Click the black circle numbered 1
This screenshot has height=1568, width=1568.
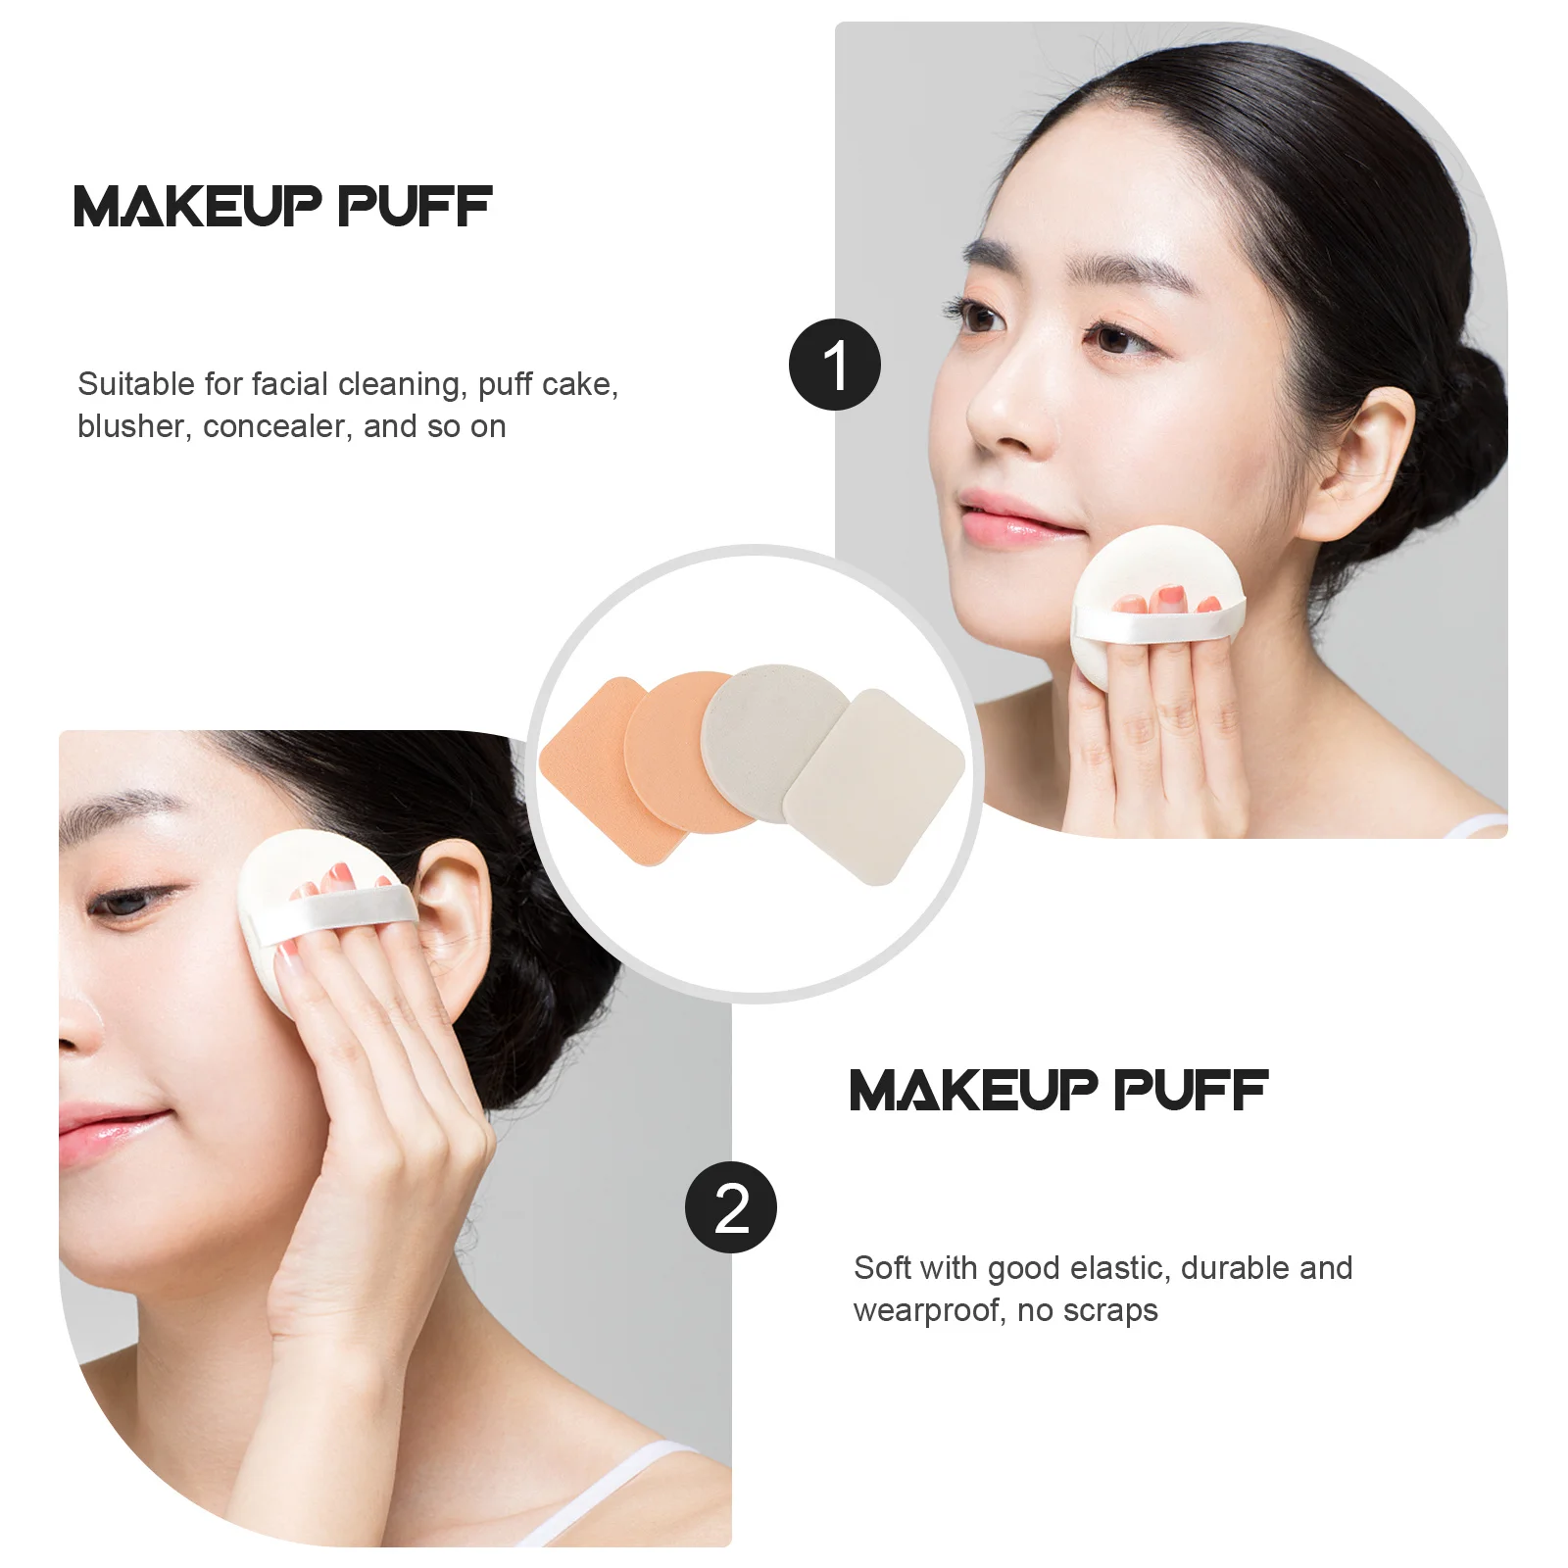click(x=835, y=365)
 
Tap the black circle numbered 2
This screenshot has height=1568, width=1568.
click(x=731, y=1207)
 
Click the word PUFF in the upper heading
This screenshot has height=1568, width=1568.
click(x=415, y=207)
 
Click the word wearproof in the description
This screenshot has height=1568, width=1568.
click(x=928, y=1311)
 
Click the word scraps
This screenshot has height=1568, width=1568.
click(x=1110, y=1311)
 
